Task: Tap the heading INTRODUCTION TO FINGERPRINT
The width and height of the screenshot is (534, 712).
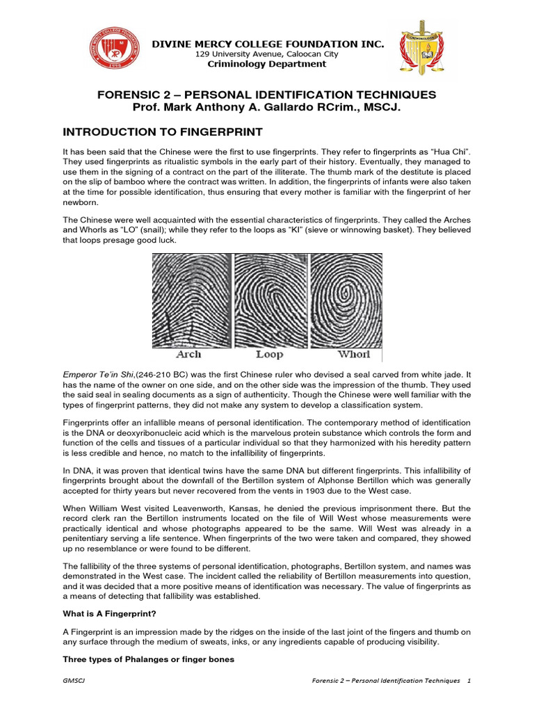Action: click(163, 132)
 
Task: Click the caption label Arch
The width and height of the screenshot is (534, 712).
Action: click(189, 355)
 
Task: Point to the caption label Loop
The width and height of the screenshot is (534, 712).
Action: click(270, 355)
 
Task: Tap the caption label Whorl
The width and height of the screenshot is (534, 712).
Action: click(354, 355)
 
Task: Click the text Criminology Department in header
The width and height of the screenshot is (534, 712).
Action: click(268, 64)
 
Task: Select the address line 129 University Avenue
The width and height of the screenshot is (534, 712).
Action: click(268, 54)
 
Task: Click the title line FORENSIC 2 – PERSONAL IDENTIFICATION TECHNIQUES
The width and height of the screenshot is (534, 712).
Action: click(267, 95)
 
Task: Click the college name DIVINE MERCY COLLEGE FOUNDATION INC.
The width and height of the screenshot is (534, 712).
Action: click(268, 44)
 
